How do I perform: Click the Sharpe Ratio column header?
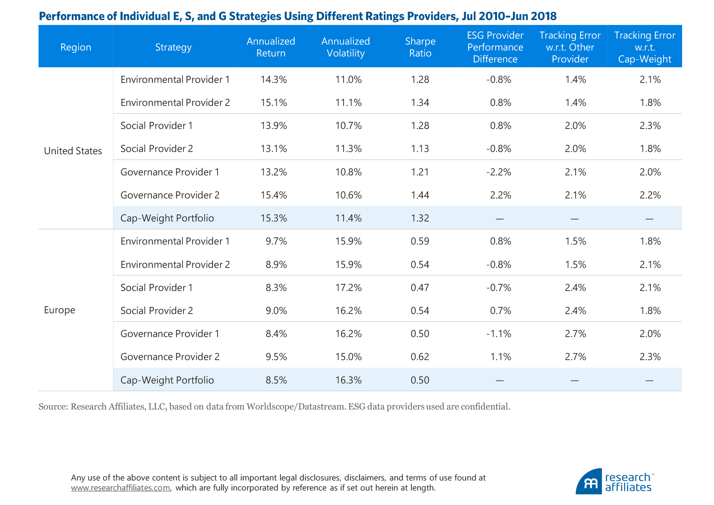420,47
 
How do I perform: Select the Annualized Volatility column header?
345,47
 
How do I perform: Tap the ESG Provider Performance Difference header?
495,47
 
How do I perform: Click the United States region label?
73,151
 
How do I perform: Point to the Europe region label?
59,310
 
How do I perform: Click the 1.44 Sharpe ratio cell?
420,195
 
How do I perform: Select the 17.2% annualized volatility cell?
348,288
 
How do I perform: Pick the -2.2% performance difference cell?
499,172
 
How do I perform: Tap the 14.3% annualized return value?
274,80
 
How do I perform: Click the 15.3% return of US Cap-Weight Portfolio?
274,218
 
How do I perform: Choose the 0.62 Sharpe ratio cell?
420,357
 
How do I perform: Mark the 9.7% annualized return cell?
276,241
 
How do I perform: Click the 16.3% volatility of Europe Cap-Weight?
348,380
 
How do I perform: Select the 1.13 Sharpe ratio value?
420,149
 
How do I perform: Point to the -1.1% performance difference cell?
499,334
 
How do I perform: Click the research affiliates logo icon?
589,482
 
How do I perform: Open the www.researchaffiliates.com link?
120,488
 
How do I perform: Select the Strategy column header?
173,47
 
